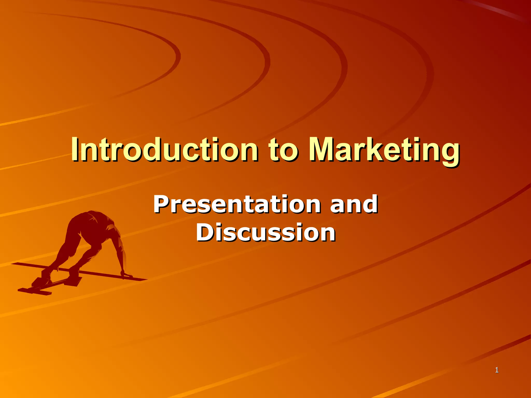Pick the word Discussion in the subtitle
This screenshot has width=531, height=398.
265,232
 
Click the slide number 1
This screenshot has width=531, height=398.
497,370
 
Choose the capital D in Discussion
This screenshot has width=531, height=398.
205,232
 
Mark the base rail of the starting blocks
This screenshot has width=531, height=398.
35,291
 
